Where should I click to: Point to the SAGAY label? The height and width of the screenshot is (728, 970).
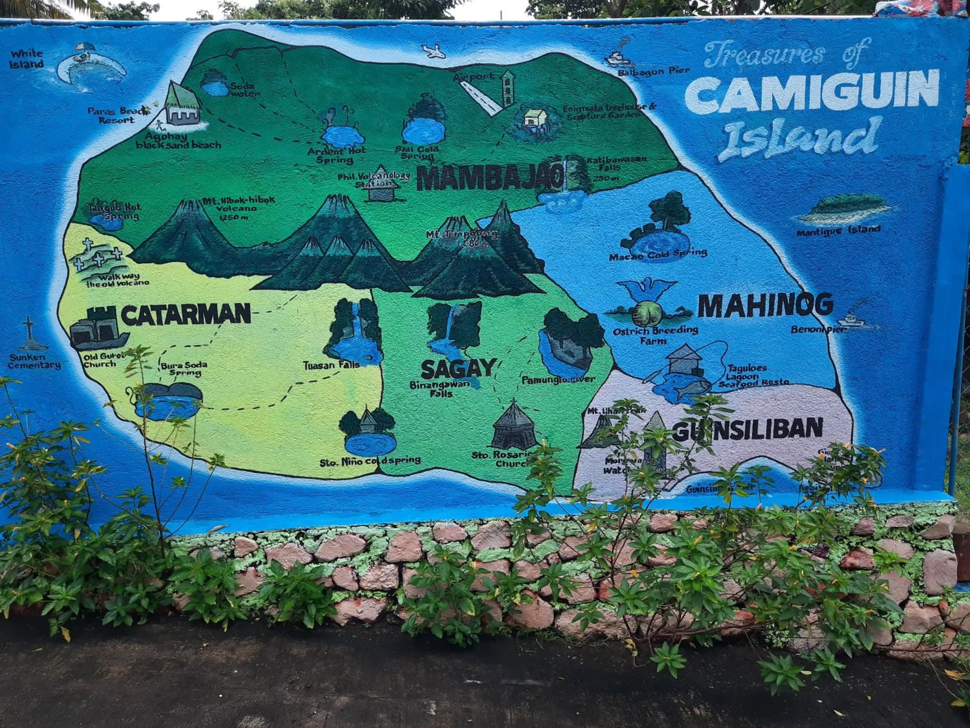tap(458, 369)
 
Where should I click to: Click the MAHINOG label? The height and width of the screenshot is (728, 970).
tap(765, 305)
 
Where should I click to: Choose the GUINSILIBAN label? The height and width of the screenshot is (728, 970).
tap(748, 429)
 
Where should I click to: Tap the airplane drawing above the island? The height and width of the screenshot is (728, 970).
tap(433, 51)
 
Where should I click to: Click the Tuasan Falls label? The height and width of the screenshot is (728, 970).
tap(331, 365)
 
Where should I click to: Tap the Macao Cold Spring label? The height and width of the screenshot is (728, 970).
tap(658, 254)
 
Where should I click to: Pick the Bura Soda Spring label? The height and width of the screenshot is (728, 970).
tap(184, 369)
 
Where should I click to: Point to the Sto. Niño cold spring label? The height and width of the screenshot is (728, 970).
tap(370, 461)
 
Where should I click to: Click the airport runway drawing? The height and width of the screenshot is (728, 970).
tap(480, 98)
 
